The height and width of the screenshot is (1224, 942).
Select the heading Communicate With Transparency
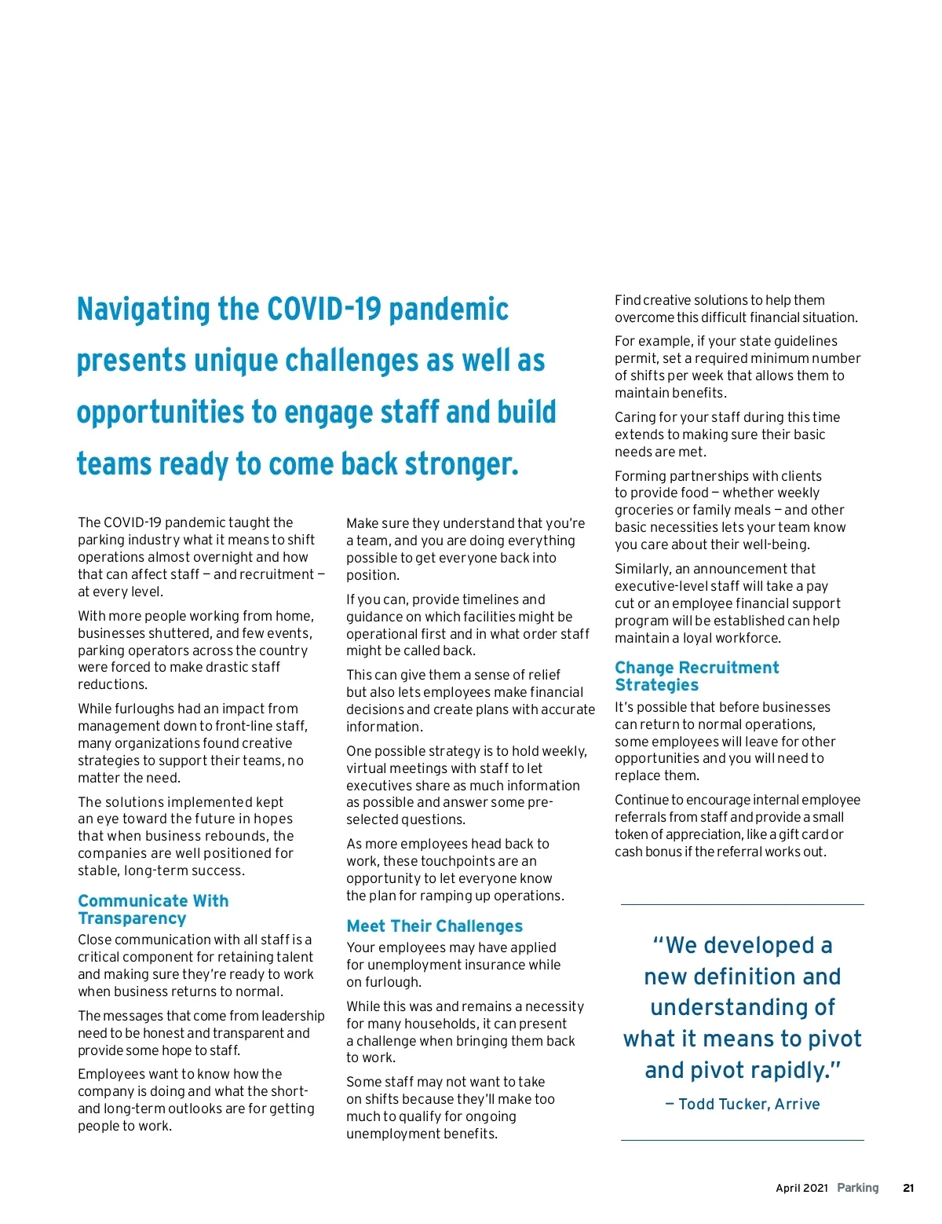153,909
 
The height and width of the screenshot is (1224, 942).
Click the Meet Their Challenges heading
434,926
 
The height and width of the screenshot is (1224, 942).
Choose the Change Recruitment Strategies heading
696,676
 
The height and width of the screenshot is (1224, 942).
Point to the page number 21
908,1188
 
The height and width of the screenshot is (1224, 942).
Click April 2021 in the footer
801,1188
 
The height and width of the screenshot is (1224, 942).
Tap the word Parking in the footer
858,1188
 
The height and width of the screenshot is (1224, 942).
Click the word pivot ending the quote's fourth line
829,1039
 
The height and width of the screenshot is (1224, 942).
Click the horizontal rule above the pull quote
742,905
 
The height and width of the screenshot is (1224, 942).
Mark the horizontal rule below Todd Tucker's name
742,1140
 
